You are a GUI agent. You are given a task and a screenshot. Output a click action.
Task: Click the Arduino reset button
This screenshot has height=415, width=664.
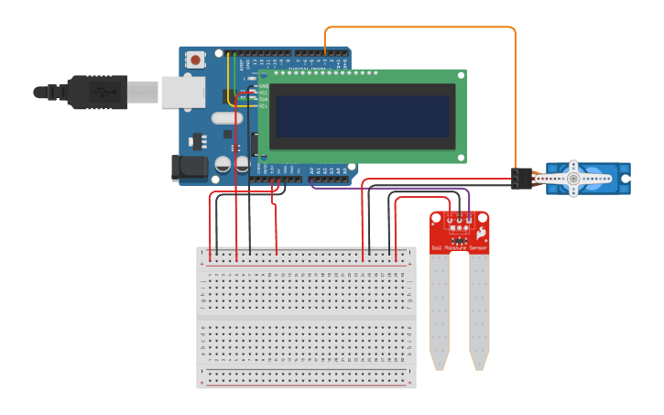coord(194,60)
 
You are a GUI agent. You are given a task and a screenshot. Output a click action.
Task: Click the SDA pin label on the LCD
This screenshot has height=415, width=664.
coord(264,99)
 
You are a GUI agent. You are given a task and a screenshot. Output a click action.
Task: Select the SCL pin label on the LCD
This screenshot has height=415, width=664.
coord(264,105)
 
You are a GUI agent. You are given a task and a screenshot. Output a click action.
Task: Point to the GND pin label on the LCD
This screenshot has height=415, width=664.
coord(264,86)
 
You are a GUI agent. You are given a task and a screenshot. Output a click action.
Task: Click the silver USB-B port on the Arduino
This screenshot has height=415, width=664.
coord(183,93)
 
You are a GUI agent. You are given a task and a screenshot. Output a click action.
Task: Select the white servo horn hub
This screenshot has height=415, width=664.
coord(574,179)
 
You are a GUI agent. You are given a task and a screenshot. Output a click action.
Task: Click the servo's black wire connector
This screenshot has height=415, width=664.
coord(522,179)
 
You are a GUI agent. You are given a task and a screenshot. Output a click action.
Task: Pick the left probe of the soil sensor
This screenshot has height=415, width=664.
coord(440,311)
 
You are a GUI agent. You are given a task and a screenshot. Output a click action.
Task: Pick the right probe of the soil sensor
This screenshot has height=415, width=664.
coord(479,311)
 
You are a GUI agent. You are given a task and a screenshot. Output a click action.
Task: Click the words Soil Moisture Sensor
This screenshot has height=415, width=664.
coord(460,247)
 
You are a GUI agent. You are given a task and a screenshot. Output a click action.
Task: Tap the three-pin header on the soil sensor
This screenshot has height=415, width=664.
coord(460,219)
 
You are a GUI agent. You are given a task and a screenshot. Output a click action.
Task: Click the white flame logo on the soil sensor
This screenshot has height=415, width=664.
coord(480,235)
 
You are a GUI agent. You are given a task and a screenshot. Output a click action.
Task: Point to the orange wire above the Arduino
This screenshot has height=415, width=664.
coord(421,27)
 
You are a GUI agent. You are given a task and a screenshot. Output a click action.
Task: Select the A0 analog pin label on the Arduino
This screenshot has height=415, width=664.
coord(311,169)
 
